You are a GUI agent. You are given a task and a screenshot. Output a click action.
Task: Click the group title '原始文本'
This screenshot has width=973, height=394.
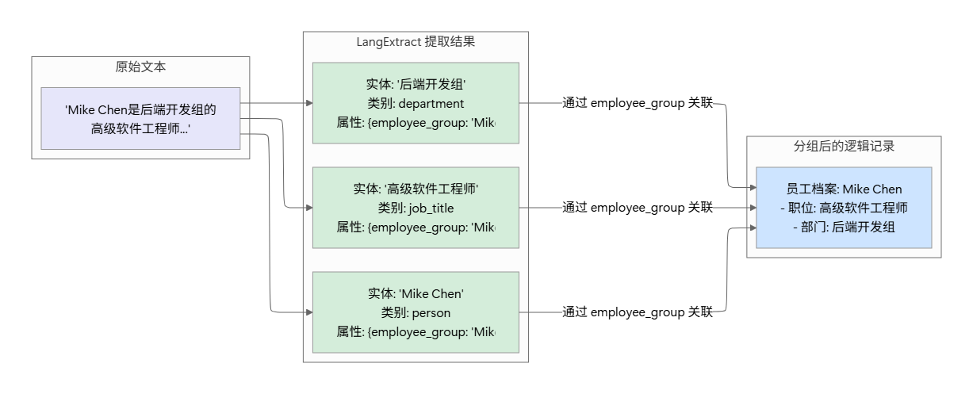click(x=140, y=67)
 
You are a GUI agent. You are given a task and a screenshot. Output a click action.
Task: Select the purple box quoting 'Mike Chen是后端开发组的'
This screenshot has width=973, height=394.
click(x=140, y=118)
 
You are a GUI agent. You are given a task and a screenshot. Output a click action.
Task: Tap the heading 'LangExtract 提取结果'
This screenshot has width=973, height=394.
click(x=416, y=42)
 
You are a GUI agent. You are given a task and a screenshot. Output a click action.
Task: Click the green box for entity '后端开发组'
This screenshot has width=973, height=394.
click(x=416, y=103)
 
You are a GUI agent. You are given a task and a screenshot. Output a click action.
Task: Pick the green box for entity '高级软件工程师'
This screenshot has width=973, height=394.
click(x=416, y=208)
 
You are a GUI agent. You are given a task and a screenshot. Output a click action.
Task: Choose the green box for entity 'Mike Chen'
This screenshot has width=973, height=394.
click(x=416, y=312)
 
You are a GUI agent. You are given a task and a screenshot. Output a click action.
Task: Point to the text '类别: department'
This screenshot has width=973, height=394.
click(x=416, y=103)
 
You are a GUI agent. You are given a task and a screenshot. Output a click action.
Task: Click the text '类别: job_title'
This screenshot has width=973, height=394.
click(x=416, y=208)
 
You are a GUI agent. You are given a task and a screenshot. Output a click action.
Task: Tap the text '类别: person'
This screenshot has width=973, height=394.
click(x=416, y=312)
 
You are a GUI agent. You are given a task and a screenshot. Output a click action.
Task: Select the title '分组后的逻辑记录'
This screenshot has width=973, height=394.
click(x=844, y=147)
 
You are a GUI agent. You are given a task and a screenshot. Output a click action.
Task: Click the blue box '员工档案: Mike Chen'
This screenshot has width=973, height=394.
click(x=844, y=189)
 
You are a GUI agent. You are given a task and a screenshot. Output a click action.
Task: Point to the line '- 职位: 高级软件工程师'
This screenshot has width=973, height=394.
click(x=844, y=208)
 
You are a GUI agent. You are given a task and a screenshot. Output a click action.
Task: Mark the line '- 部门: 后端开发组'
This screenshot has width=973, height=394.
click(x=844, y=228)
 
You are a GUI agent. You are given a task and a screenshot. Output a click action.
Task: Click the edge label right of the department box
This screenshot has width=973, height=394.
click(x=638, y=103)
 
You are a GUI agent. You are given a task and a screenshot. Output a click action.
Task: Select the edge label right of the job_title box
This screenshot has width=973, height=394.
click(x=638, y=208)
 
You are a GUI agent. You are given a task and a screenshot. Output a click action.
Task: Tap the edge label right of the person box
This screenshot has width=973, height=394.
click(x=638, y=312)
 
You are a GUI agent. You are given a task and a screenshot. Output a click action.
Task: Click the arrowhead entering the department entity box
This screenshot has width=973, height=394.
click(x=308, y=103)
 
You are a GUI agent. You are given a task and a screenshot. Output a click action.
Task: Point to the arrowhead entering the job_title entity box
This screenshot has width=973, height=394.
click(x=308, y=208)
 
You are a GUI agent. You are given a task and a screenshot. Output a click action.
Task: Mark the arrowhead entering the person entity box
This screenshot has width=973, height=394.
click(x=308, y=312)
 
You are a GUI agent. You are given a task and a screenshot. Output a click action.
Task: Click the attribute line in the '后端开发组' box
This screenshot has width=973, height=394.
click(x=416, y=123)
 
